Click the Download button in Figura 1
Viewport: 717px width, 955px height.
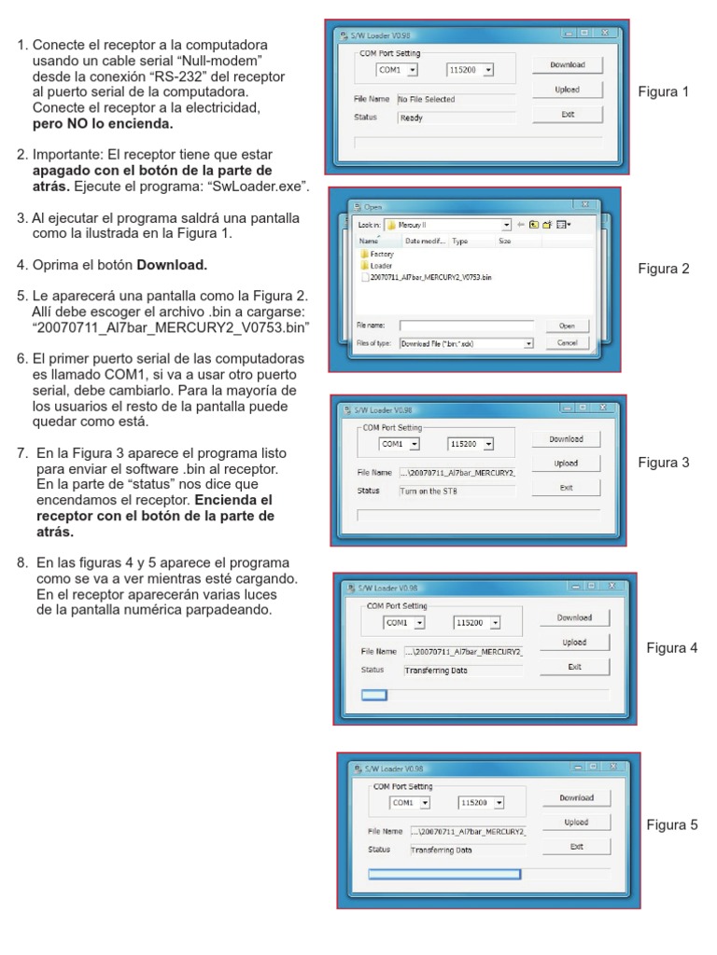point(568,65)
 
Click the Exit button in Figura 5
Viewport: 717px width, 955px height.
point(576,846)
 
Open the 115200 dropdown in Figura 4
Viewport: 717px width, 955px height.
point(477,622)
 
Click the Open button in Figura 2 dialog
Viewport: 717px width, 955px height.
point(567,325)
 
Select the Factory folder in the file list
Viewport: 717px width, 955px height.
point(381,254)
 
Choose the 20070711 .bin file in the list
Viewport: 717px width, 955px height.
point(430,276)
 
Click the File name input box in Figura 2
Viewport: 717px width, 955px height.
point(466,325)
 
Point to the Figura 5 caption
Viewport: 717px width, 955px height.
point(672,825)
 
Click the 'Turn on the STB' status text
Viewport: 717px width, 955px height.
point(429,491)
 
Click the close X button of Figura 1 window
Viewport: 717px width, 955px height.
point(605,34)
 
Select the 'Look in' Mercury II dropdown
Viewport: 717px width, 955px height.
point(454,225)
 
